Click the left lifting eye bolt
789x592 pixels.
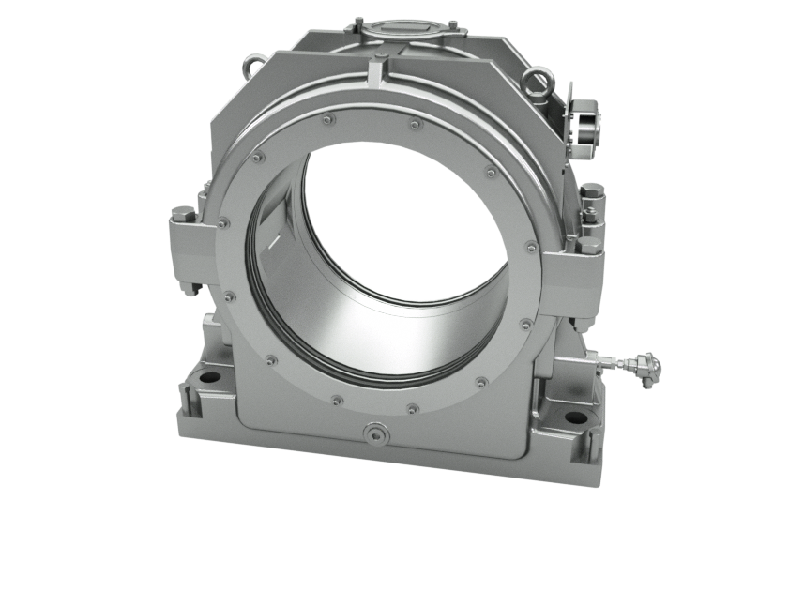click(250, 68)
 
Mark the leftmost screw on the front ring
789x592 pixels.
click(221, 222)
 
